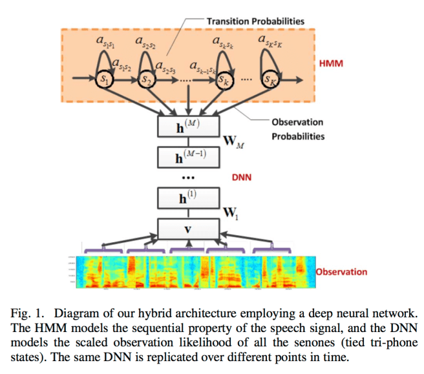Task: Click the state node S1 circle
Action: click(x=103, y=80)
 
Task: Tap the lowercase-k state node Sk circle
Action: click(x=223, y=81)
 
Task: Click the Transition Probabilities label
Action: click(x=255, y=21)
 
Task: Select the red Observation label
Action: click(x=350, y=272)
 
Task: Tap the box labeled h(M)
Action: click(x=188, y=124)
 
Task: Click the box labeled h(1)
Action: click(x=188, y=198)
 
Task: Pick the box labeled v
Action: click(x=188, y=229)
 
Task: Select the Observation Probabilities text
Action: click(x=297, y=129)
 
